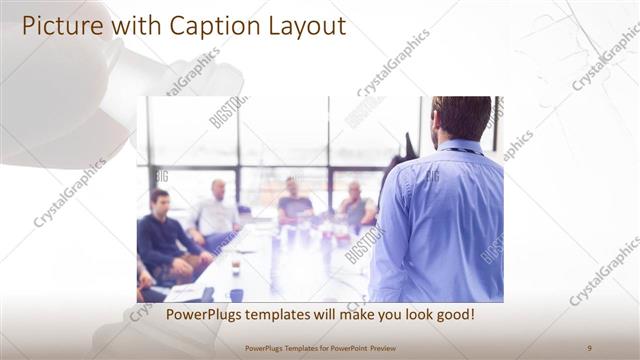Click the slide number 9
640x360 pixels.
[589, 347]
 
